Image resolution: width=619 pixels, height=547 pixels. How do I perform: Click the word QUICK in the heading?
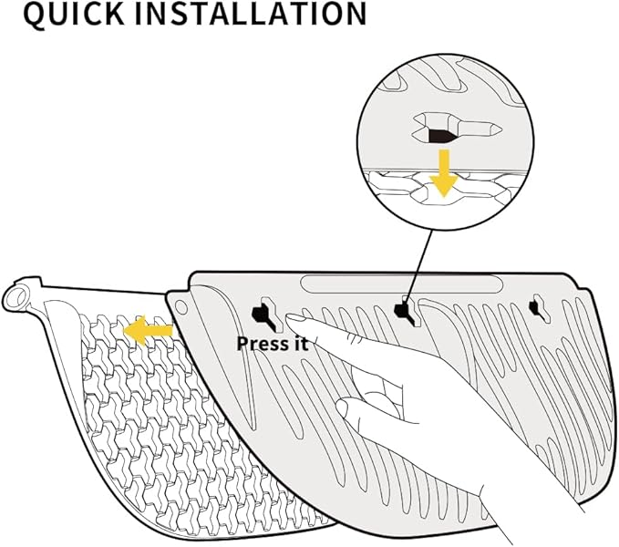(74, 15)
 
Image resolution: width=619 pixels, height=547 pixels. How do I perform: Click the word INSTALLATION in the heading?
(251, 14)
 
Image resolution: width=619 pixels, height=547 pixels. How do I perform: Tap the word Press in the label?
(262, 344)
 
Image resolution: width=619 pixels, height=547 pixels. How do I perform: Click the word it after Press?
(299, 344)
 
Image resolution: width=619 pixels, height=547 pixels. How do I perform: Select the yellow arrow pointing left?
(149, 330)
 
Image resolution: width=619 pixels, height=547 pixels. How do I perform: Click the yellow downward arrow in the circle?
(444, 173)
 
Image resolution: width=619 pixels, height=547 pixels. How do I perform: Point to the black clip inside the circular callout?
(442, 135)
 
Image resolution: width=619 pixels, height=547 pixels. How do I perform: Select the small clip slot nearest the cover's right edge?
(541, 309)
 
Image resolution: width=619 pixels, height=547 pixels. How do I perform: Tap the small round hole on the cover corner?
(181, 307)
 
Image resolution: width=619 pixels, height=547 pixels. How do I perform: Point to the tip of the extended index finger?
(289, 317)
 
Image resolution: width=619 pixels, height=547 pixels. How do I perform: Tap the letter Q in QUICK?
(36, 15)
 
